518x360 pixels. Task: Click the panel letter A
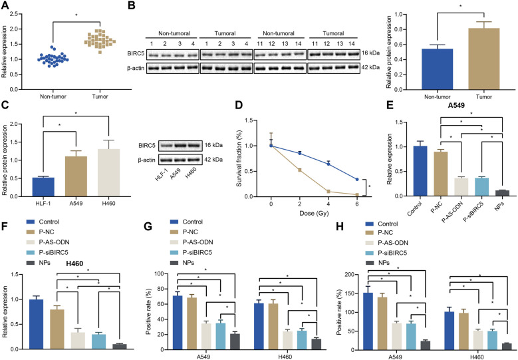[x=5, y=6]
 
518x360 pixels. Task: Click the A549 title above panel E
[x=456, y=114]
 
